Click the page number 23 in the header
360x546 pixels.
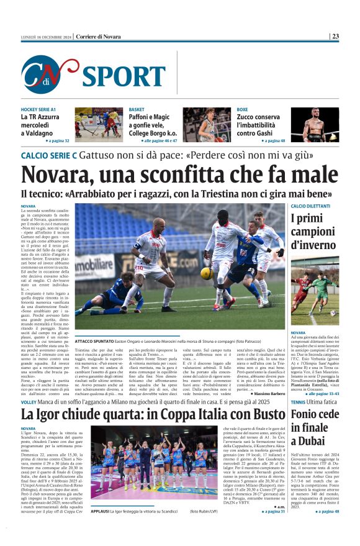335,37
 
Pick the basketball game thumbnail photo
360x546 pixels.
198,125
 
